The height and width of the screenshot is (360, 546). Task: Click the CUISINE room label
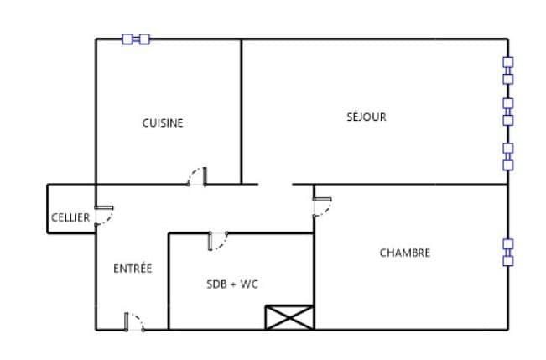163,123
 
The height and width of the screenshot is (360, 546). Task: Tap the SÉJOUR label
367,117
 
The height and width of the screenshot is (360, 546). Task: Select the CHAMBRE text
405,253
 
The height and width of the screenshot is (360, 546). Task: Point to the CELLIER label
70,217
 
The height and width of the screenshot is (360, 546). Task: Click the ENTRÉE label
133,269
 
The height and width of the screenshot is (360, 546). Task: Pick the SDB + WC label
232,284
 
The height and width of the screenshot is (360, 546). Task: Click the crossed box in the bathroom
289,317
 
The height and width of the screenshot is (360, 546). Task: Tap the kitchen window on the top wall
136,39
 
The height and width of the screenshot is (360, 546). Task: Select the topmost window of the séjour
508,70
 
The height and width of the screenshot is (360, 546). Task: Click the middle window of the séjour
508,112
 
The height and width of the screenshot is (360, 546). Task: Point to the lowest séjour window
508,157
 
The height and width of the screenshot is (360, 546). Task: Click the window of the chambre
508,253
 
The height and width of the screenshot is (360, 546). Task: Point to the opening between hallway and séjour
275,185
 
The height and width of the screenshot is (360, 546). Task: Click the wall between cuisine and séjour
241,112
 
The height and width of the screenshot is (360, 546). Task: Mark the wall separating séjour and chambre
411,185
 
